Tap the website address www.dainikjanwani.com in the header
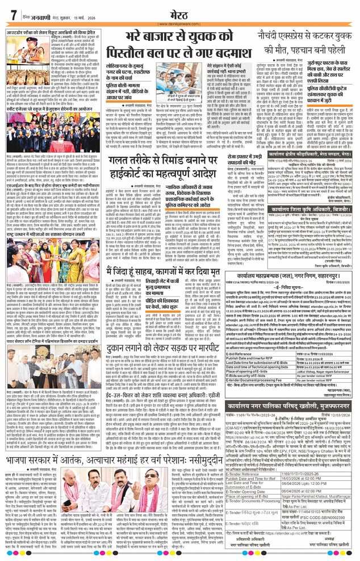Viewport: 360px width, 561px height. [179, 24]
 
